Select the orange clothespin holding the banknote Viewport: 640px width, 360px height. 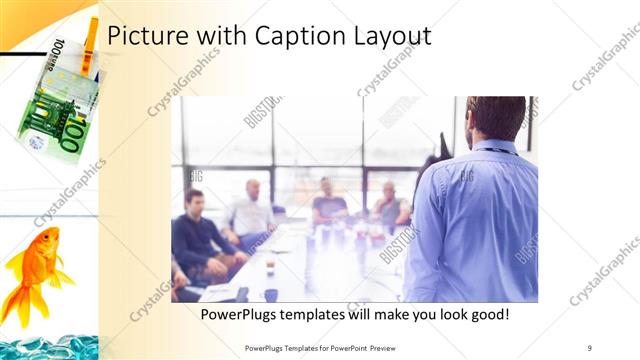(x=89, y=45)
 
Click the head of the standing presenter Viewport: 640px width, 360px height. (x=495, y=117)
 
